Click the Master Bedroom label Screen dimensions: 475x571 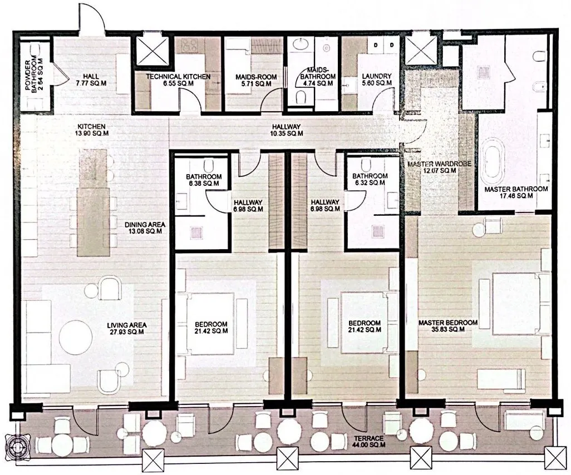pyautogui.click(x=448, y=326)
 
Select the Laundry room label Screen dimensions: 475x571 pyautogui.click(x=377, y=80)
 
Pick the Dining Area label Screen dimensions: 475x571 pyautogui.click(x=145, y=228)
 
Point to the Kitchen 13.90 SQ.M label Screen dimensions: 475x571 pyautogui.click(x=92, y=130)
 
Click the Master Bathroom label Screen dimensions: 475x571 pyautogui.click(x=516, y=192)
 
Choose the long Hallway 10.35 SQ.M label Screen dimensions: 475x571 pyautogui.click(x=287, y=130)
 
